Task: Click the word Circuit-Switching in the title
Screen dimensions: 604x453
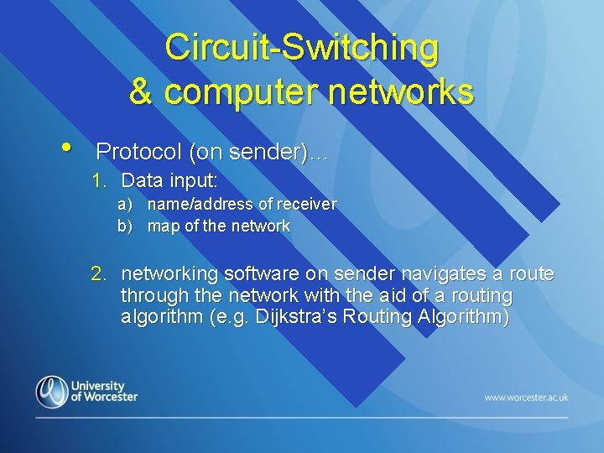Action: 301,47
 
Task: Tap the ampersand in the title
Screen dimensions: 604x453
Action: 141,91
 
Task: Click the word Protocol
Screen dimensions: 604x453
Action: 138,152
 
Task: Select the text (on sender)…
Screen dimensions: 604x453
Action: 259,152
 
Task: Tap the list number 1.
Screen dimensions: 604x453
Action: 99,180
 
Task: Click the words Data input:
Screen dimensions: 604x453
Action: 169,180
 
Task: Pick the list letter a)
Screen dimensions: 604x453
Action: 124,205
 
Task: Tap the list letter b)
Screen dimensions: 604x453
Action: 124,226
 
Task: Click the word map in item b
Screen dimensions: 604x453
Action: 162,226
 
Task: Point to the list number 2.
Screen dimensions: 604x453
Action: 99,273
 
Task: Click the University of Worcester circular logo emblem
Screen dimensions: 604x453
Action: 51,392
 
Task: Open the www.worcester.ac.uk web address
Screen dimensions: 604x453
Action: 526,397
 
